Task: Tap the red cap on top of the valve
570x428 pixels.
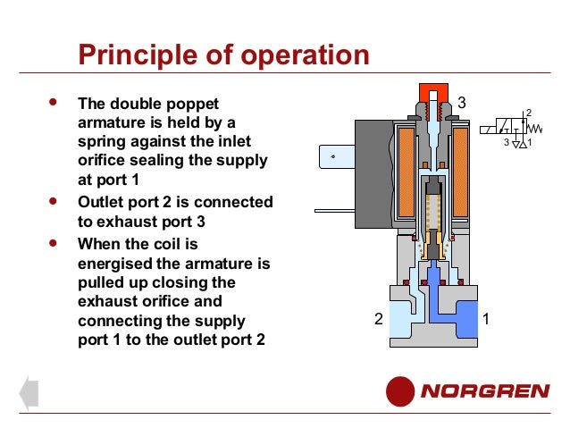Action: pyautogui.click(x=433, y=91)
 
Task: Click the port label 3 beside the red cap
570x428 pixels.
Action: pyautogui.click(x=462, y=104)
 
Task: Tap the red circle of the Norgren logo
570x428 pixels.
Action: pyautogui.click(x=400, y=391)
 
